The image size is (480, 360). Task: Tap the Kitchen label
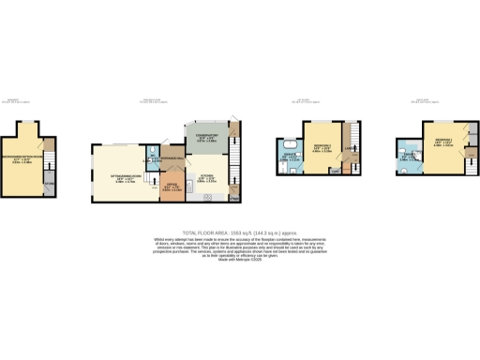[205, 172]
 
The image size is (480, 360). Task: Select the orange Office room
[172, 187]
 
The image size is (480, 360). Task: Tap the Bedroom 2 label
[321, 148]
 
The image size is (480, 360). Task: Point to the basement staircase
[51, 165]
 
